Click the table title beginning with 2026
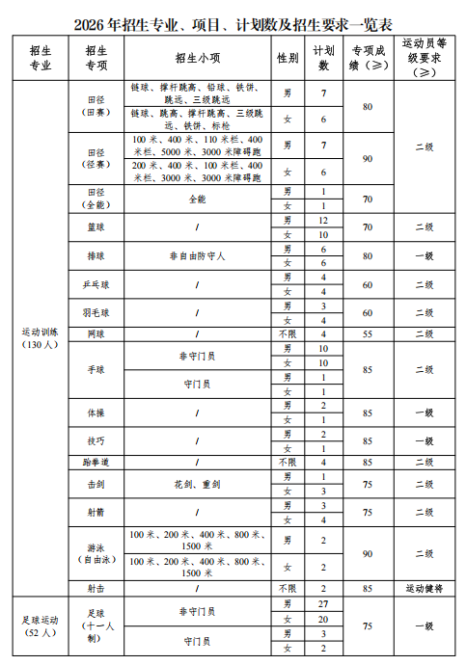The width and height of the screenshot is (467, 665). [233, 21]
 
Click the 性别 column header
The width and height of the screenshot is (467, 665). [287, 58]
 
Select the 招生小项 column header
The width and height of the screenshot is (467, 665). [197, 58]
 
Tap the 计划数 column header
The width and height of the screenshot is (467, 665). [324, 58]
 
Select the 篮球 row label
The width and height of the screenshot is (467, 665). [96, 227]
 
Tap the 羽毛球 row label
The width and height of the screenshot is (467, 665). [96, 313]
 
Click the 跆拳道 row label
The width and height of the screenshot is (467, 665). [96, 462]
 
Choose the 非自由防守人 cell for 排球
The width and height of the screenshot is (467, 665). [197, 256]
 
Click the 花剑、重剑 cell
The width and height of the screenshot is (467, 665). [197, 484]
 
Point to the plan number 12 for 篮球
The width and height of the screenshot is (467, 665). [324, 221]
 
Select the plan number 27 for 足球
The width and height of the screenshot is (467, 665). [324, 603]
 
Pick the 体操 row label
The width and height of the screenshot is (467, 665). [96, 412]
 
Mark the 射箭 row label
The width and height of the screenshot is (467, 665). [96, 513]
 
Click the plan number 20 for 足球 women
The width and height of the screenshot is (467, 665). [324, 619]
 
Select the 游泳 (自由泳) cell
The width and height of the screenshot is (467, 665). [96, 554]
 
